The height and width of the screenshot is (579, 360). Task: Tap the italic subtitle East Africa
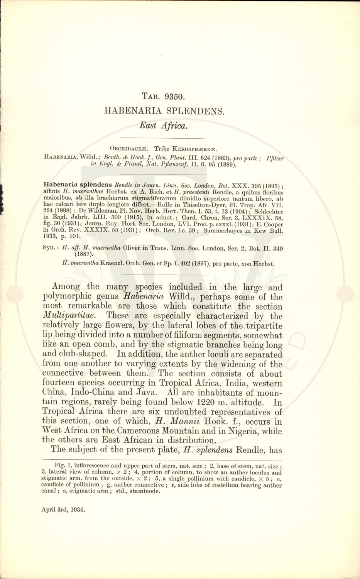pyautogui.click(x=164, y=125)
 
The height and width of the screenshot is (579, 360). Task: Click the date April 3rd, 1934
pyautogui.click(x=63, y=509)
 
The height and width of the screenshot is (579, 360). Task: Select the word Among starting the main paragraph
pyautogui.click(x=66, y=287)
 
